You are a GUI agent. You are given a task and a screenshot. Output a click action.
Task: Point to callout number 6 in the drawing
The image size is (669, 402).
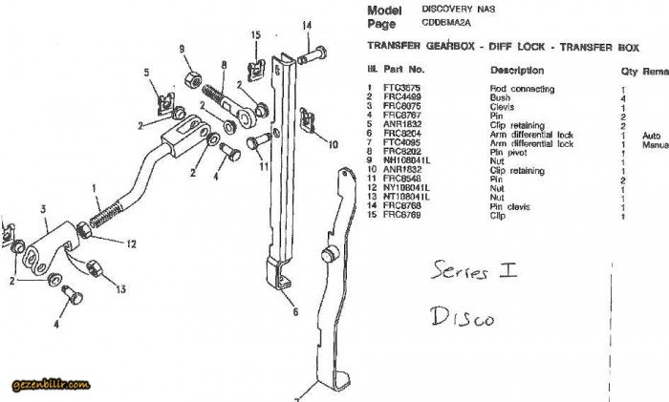point(296,310)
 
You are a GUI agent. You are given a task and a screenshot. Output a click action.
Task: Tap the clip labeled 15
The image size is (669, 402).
point(255,67)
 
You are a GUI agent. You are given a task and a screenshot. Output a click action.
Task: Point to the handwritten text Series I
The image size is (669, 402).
point(475,271)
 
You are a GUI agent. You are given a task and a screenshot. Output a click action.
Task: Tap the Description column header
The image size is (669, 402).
point(517,71)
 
